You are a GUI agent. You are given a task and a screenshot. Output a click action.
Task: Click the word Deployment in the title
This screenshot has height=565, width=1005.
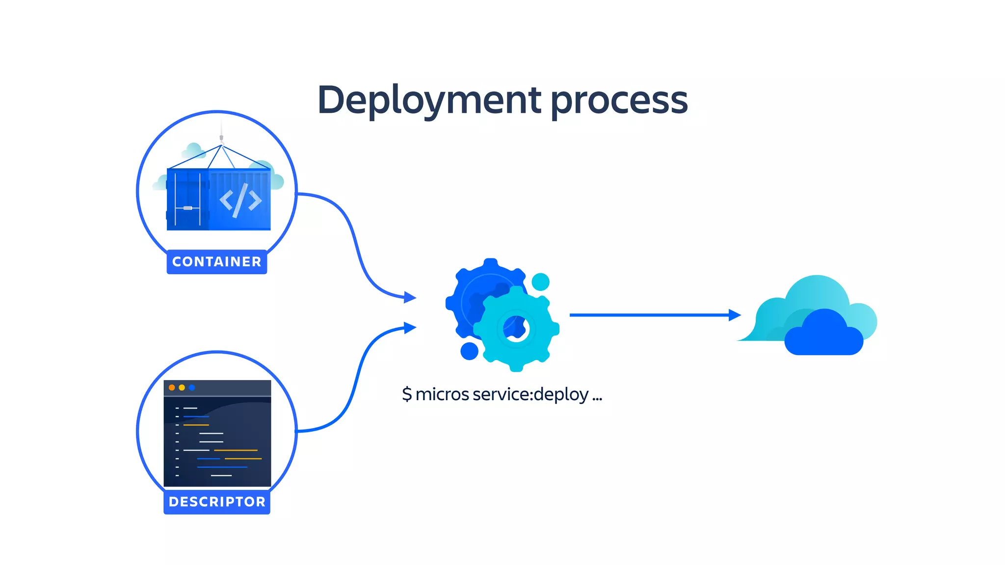429,101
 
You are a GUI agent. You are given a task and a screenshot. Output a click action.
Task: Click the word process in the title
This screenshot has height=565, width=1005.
619,101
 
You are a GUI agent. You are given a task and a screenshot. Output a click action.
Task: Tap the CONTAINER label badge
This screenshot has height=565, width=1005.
217,262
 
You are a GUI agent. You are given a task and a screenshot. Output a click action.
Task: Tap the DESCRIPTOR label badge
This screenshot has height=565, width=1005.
217,502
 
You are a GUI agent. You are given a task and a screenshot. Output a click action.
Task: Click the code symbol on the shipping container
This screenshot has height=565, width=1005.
240,200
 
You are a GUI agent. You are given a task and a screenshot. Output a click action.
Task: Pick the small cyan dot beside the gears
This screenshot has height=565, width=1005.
540,282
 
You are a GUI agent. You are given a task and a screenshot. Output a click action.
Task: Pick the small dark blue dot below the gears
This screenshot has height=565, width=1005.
469,351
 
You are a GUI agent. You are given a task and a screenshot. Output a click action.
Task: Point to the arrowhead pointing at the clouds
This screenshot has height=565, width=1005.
735,315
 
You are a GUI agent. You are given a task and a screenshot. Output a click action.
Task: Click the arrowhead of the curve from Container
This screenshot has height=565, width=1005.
410,297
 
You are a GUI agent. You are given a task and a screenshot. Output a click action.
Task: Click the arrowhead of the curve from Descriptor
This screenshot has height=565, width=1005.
410,328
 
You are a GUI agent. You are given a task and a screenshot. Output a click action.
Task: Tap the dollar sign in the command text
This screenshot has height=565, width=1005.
407,394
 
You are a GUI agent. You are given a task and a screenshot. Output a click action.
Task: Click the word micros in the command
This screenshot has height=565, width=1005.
442,394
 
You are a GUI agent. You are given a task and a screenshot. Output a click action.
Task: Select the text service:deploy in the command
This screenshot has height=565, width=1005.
530,394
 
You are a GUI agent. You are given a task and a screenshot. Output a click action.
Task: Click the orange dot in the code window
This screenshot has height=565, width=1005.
172,387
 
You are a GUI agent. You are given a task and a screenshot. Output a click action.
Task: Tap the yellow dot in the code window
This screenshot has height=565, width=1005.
182,387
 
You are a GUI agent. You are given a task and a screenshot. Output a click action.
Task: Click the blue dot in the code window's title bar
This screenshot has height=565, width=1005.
192,387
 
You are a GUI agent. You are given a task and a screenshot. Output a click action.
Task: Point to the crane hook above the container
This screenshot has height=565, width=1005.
221,139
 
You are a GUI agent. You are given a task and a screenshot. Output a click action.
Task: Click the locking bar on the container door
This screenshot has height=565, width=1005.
187,208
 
